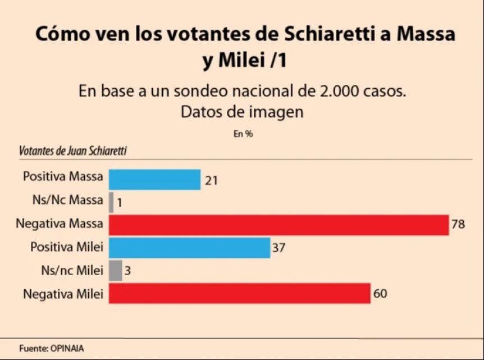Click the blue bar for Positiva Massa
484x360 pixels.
154,179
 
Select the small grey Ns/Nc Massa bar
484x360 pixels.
111,202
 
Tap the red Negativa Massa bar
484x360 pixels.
278,224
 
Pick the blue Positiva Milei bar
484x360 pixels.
189,247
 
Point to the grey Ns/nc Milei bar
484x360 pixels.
115,270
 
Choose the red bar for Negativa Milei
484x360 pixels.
239,293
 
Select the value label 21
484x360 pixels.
211,180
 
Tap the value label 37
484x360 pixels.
279,248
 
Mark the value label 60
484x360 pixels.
380,293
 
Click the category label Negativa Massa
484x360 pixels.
60,224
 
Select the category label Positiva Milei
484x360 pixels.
67,247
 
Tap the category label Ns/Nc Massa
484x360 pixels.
68,200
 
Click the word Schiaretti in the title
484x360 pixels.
330,35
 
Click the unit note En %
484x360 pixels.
243,134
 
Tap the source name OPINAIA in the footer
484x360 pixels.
67,348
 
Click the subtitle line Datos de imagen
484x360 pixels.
242,112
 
